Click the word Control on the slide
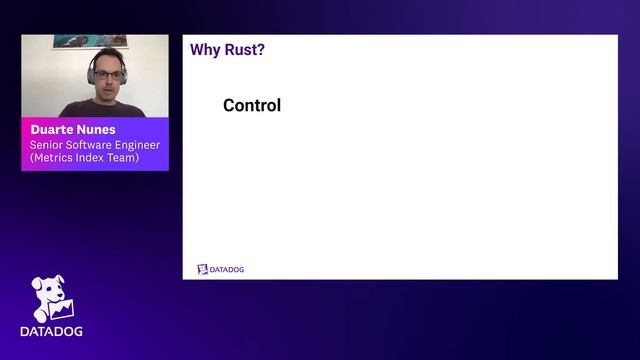coord(252,105)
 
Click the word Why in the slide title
coord(205,49)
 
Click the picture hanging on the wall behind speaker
coord(91,41)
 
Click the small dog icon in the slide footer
coord(202,269)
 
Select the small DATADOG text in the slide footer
coord(227,270)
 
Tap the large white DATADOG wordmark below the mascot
coord(51,331)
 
